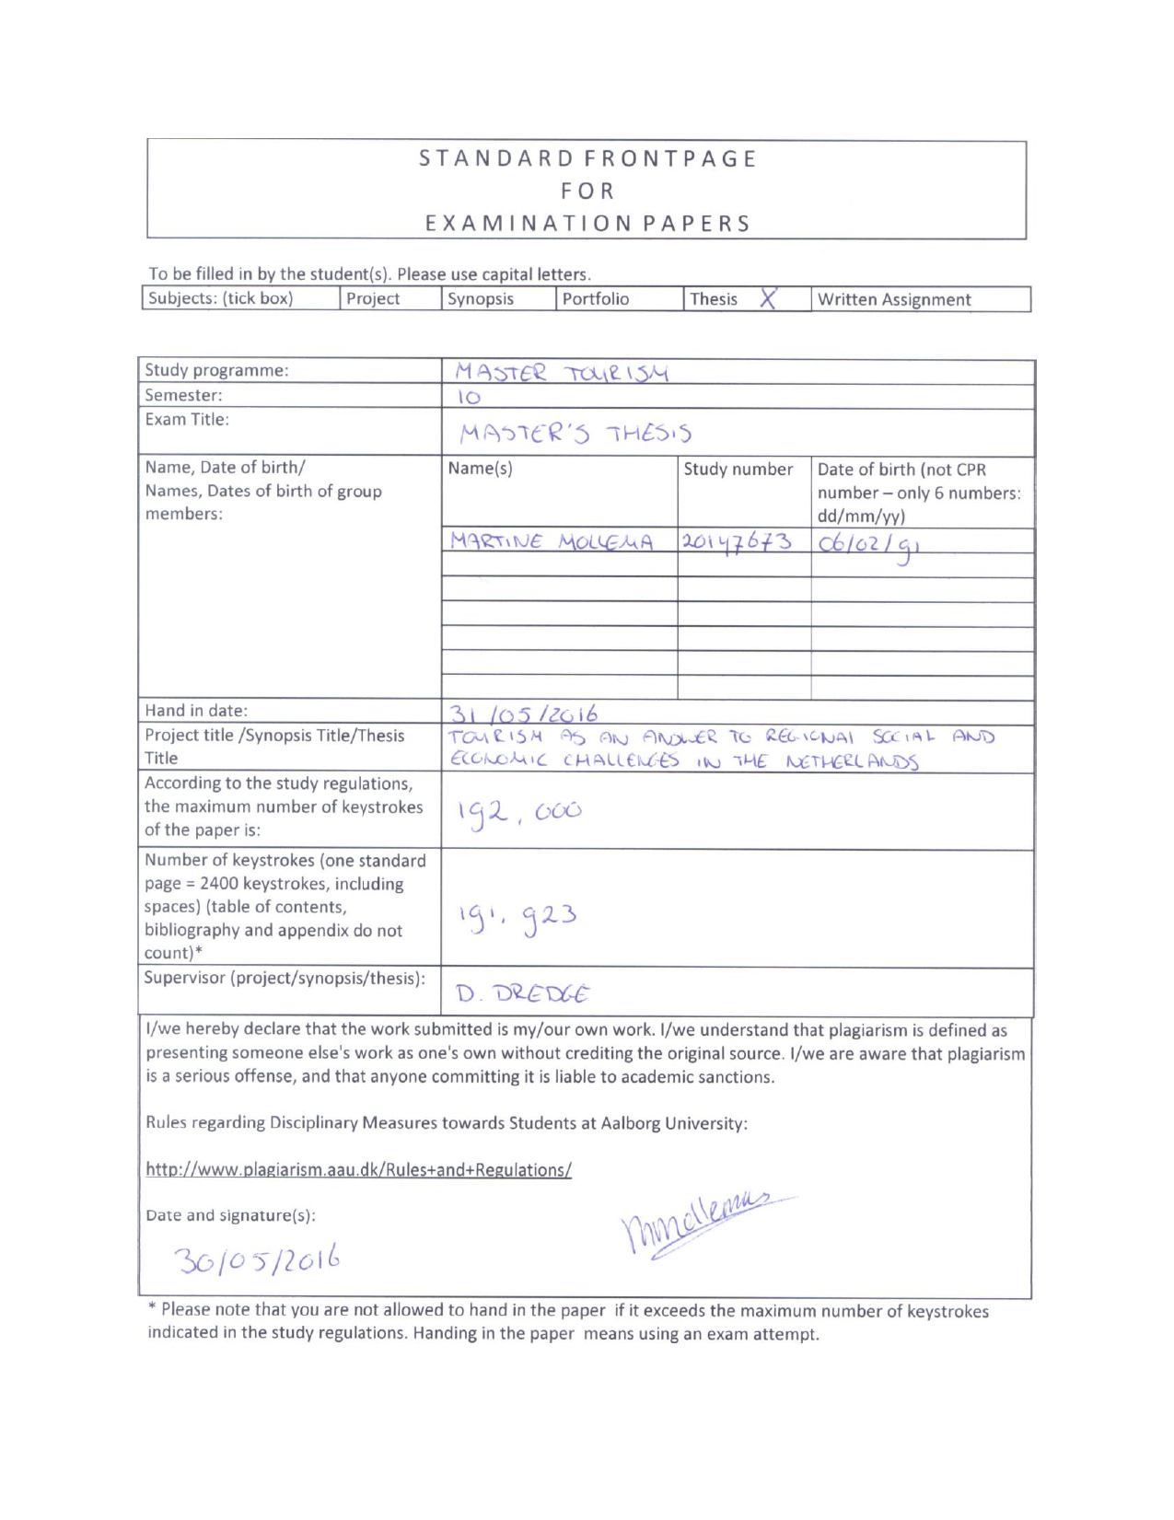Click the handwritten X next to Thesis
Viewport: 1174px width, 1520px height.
pos(768,297)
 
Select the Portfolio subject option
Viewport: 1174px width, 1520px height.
pos(595,299)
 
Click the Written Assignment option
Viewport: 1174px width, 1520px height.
pos(893,299)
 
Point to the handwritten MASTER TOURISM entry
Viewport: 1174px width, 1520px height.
pos(562,373)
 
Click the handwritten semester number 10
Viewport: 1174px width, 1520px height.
pos(469,398)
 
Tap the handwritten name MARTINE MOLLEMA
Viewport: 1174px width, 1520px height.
pos(552,541)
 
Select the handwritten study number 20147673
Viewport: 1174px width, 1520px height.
pos(737,540)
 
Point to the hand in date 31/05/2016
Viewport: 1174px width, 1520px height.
pos(523,714)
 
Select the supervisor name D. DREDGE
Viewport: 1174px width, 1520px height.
pos(522,993)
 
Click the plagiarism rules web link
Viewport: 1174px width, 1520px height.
pos(358,1170)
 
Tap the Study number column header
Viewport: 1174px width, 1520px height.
pos(738,470)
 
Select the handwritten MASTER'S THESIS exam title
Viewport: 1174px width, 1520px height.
pos(575,433)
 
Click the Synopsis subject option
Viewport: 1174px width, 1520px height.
pos(480,299)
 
